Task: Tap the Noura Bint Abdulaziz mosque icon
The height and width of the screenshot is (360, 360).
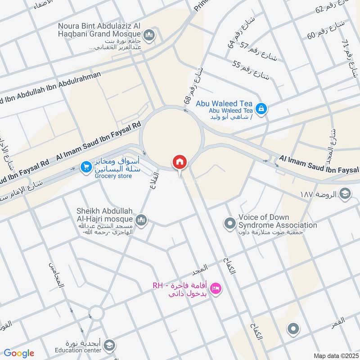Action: tap(149, 35)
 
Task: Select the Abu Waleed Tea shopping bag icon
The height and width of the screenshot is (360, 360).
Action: tap(261, 108)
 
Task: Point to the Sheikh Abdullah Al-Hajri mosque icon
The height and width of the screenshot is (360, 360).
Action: tap(142, 220)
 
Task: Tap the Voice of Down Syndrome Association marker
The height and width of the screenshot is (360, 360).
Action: tap(230, 223)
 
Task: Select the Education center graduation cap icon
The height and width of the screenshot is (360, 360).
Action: tap(108, 346)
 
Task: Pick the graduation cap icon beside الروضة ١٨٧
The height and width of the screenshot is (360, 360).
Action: tap(345, 194)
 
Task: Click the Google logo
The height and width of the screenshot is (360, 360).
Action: tap(19, 353)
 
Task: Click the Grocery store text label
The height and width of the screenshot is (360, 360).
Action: tap(113, 176)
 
